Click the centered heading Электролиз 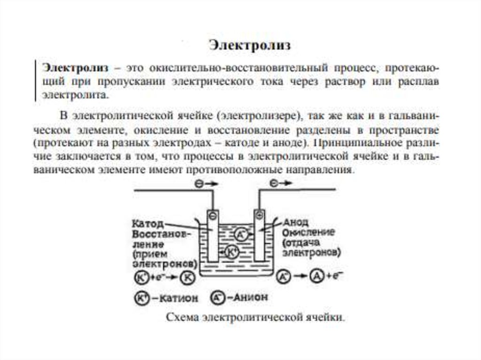[x=249, y=46]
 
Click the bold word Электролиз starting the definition [x=75, y=68]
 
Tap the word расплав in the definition [x=419, y=82]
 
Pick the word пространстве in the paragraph [x=404, y=130]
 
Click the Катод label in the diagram [x=147, y=223]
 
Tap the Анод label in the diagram [x=296, y=222]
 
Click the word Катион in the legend [x=179, y=298]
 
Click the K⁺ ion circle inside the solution [x=232, y=252]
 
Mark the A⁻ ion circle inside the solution [x=241, y=234]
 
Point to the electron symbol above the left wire [x=199, y=184]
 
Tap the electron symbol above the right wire [x=274, y=183]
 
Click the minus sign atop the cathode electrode [x=213, y=216]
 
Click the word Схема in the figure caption [x=182, y=317]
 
